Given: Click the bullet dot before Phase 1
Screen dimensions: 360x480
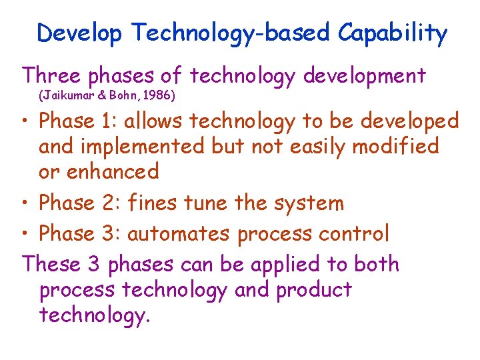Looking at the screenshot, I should click(27, 122).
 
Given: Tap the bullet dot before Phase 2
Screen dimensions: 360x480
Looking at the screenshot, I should click(27, 203).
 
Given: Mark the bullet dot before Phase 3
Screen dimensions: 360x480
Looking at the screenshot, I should click(27, 234).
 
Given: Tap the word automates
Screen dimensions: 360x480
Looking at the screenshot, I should click(178, 233).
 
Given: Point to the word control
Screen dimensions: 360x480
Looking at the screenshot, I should click(359, 233).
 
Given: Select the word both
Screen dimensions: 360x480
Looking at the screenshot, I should click(375, 264).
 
